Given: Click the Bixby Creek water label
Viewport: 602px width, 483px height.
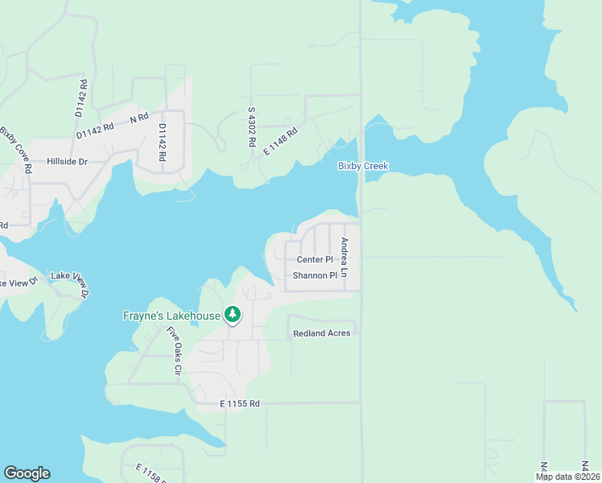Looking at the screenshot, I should [x=363, y=166].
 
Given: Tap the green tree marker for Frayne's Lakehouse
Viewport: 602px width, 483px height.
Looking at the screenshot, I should [x=233, y=315].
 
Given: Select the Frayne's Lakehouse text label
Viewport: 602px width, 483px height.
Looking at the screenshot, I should [x=171, y=316].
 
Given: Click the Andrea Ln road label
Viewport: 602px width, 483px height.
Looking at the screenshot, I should [x=344, y=258].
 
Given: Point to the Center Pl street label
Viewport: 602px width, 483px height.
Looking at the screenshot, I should [x=315, y=259].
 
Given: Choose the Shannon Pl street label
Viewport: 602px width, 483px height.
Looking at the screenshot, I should [x=315, y=275].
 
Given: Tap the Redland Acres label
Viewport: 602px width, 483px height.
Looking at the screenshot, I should [x=322, y=332].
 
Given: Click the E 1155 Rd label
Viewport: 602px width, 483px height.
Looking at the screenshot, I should [x=240, y=402].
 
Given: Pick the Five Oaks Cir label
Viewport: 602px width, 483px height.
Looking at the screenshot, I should [x=173, y=351].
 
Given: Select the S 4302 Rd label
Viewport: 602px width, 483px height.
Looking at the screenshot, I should [x=252, y=127].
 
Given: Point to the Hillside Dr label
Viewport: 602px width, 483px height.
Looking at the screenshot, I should [x=66, y=161].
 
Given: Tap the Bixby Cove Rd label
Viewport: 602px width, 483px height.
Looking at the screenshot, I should [x=16, y=150].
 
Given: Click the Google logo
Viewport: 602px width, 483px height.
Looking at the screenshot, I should [x=27, y=473].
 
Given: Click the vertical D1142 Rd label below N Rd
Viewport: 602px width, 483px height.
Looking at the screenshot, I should [x=162, y=142].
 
